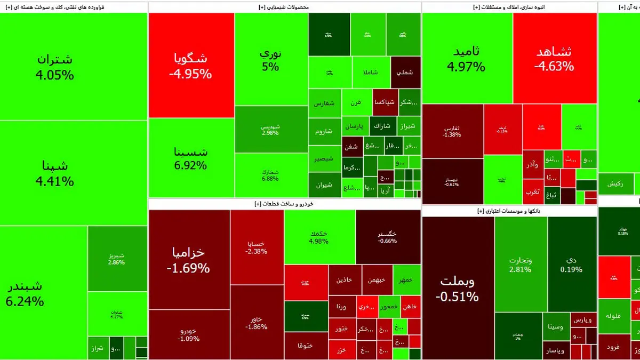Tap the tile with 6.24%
coord(44,293)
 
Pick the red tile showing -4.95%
coord(191,66)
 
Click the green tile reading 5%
coord(270,60)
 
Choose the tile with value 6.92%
coord(191,158)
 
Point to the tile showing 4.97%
coord(467,59)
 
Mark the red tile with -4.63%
coord(554,59)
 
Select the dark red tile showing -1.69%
coord(189,260)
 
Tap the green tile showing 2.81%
coord(520,265)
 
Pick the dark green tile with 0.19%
coord(571,265)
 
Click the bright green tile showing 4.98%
coord(319,237)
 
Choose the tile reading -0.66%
coord(387,237)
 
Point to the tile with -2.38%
coord(257,247)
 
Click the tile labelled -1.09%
coord(189,334)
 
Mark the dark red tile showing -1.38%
coord(452,131)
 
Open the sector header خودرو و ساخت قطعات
coord(284,204)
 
